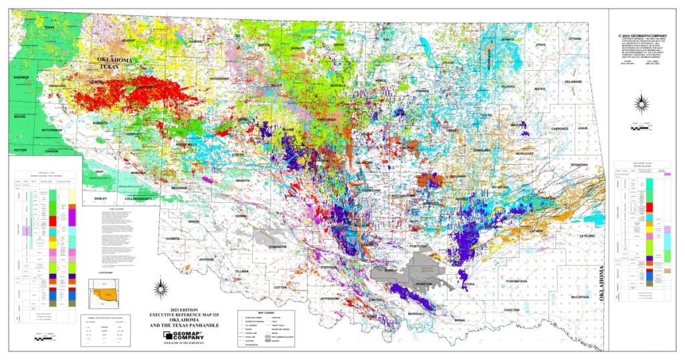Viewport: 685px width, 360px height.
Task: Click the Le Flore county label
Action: [x=587, y=236]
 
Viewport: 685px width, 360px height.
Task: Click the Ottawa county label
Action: [x=575, y=39]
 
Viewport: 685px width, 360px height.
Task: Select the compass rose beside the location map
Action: [x=159, y=288]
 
